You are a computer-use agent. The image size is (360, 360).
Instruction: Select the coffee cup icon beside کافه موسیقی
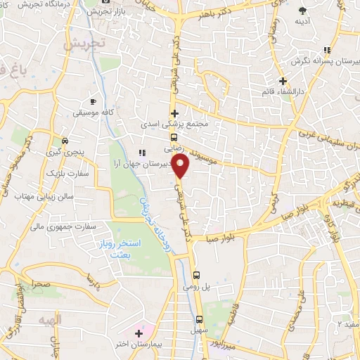[95, 101]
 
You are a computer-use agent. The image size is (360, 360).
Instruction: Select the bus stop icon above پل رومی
[196, 275]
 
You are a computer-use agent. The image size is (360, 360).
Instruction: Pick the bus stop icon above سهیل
[200, 317]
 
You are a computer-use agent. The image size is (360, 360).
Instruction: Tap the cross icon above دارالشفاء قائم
[283, 81]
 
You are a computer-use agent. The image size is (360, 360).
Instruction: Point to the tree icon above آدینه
[303, 10]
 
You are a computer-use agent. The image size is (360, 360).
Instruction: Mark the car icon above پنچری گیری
[65, 139]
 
